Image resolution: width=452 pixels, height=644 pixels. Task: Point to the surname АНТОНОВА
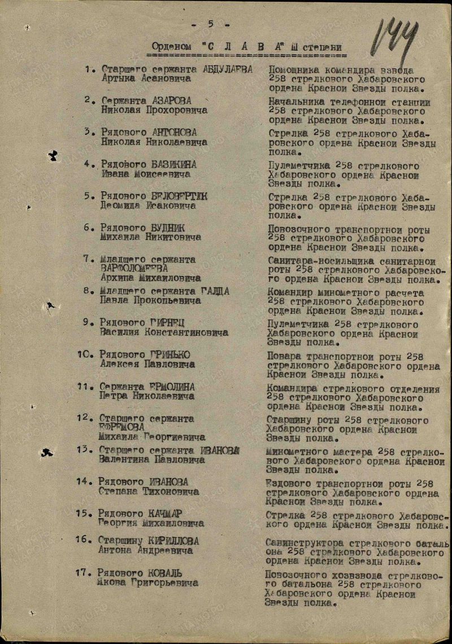[x=175, y=133]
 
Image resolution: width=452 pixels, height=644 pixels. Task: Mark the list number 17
[x=83, y=572]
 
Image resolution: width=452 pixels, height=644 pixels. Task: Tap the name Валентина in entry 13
[x=123, y=459]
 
